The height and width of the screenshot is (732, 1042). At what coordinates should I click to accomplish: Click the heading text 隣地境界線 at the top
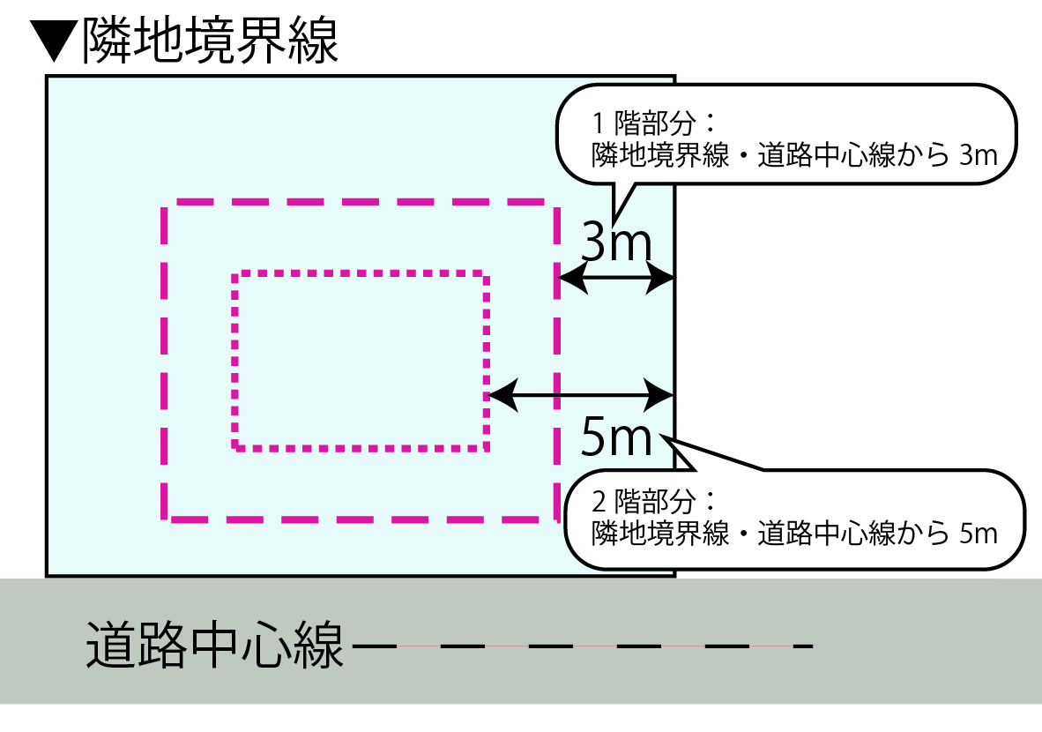point(210,41)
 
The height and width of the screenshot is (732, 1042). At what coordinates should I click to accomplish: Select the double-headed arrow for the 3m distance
point(617,280)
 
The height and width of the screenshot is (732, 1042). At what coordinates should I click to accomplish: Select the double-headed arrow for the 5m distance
point(582,395)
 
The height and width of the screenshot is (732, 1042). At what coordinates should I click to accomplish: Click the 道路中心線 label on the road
point(214,646)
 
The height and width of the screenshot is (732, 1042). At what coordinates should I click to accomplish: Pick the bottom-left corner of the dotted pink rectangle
point(235,447)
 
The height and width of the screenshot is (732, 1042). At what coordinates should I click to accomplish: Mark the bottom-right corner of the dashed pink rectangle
point(556,519)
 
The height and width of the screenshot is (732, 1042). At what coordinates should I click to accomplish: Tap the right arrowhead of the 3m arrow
point(666,280)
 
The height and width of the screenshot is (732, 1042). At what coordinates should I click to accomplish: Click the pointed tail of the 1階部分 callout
point(615,219)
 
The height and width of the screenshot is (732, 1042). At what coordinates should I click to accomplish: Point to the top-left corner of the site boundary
point(47,76)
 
